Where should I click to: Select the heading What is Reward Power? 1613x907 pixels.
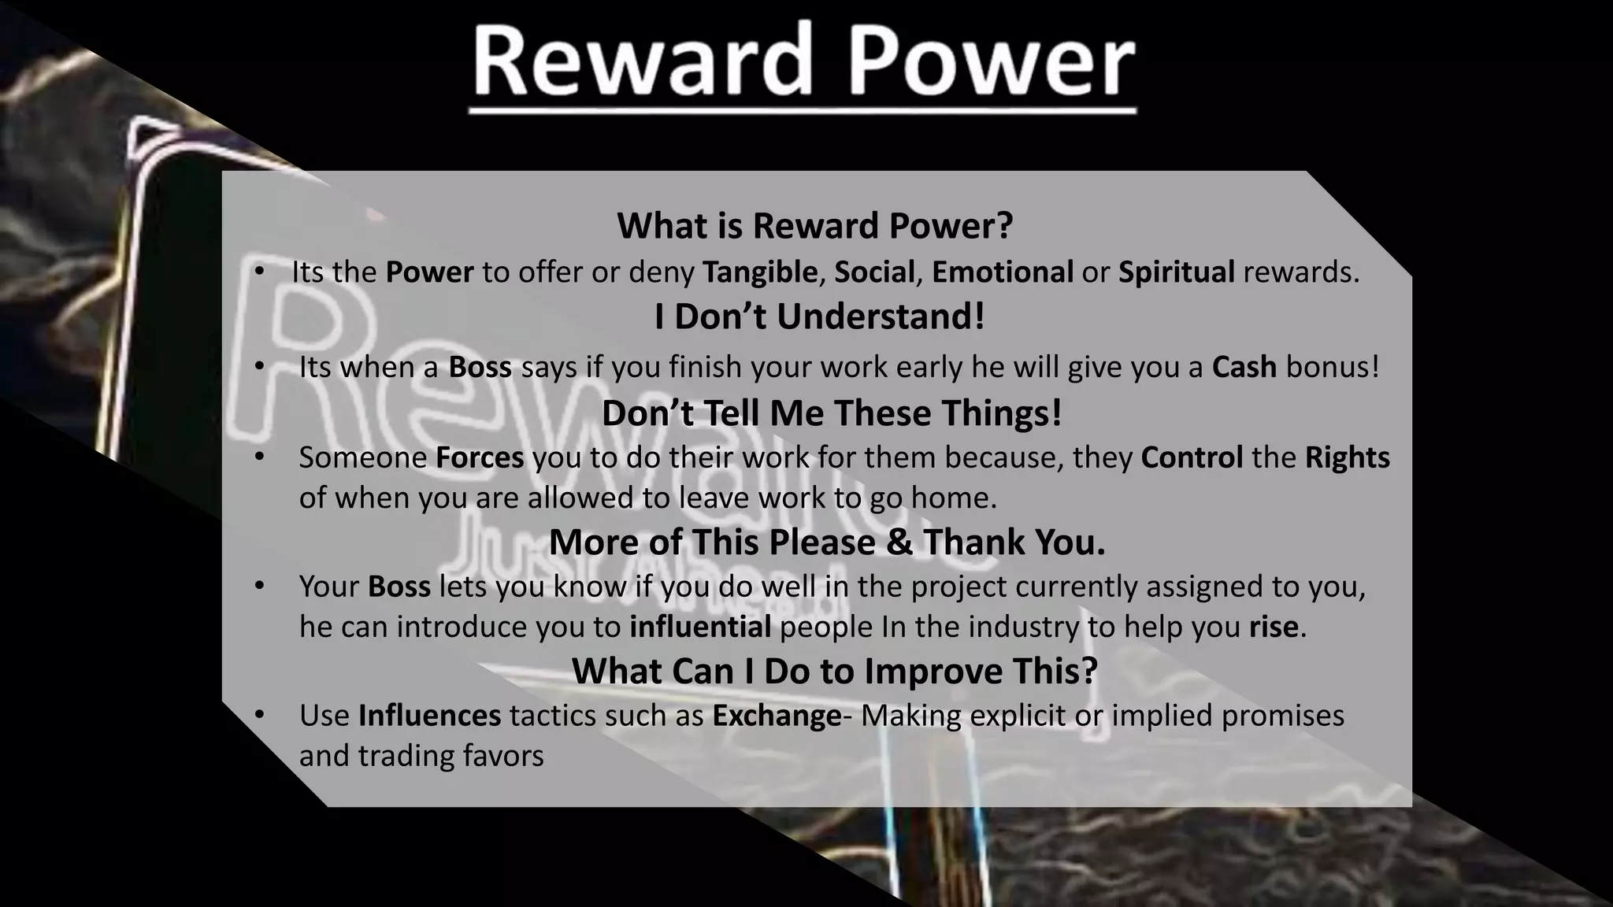(x=814, y=226)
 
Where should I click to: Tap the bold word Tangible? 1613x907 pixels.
(x=759, y=272)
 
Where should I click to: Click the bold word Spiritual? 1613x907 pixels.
(x=1177, y=272)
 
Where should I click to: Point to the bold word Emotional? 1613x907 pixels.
(x=1003, y=272)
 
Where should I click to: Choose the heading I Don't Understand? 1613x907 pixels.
(x=819, y=317)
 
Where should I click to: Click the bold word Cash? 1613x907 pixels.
(x=1244, y=367)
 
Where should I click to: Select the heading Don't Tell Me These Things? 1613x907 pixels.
(x=832, y=413)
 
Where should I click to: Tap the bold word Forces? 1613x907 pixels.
(x=480, y=457)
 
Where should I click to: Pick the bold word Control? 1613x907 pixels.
(x=1192, y=457)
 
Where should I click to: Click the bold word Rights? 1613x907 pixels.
(x=1348, y=457)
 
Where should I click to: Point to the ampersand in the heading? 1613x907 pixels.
(x=899, y=542)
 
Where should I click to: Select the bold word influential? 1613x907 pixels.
(x=700, y=627)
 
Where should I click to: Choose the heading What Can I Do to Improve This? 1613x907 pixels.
(x=834, y=671)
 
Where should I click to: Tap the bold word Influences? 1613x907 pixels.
(x=429, y=716)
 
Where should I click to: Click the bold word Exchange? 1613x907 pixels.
(x=777, y=716)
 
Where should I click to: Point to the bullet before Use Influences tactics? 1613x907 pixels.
(x=259, y=715)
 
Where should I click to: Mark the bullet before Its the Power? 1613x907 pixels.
(x=259, y=272)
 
